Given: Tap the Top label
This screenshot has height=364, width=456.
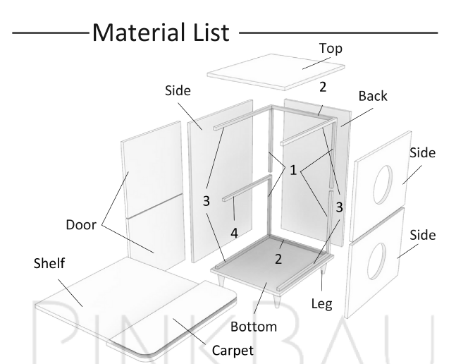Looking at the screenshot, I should (331, 49).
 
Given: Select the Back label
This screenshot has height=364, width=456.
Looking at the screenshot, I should (373, 96).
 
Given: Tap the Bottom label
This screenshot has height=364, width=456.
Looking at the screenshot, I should (254, 327).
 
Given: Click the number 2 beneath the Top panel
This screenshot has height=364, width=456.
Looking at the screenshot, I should (321, 87).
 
